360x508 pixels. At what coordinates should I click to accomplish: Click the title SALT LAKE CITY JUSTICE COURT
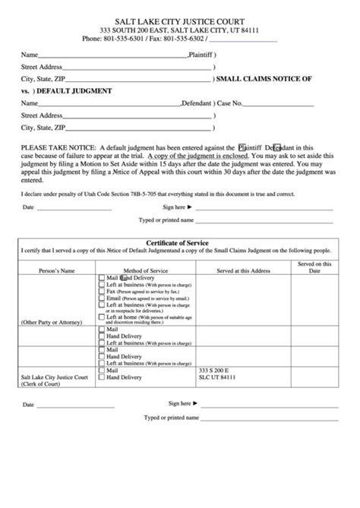(181, 14)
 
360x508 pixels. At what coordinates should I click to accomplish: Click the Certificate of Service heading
(180, 243)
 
